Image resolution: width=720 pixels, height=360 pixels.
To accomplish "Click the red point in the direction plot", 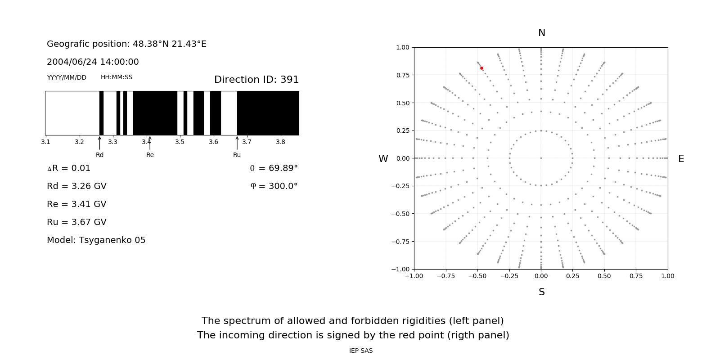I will click(481, 68).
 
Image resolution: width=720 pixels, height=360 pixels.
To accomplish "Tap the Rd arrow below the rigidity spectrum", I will click(99, 143).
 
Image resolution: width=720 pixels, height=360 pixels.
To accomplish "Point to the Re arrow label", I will click(150, 155).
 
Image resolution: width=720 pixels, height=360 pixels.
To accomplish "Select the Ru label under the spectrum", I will click(237, 155).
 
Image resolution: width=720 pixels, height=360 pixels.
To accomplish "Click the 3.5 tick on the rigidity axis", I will click(180, 142).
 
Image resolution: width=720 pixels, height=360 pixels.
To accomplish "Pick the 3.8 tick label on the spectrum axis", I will click(280, 142).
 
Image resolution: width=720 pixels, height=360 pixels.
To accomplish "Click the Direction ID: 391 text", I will click(256, 80).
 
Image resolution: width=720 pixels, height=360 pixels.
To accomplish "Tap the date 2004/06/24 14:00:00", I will click(93, 62).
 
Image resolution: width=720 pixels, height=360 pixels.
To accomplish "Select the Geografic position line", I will click(126, 44).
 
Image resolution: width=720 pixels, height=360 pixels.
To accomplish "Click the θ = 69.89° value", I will click(274, 168).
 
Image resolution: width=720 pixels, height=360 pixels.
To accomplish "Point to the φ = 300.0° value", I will click(274, 186).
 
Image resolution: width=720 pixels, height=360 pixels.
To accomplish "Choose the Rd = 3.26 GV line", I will click(76, 186).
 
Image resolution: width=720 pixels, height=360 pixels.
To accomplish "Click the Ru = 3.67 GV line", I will click(76, 222).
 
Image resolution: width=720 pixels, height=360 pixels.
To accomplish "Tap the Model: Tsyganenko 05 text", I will click(96, 240).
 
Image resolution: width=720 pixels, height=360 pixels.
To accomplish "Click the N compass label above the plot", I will click(541, 33).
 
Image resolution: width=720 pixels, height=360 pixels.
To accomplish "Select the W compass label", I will click(383, 159).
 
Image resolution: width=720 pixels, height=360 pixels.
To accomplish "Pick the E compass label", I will click(681, 159).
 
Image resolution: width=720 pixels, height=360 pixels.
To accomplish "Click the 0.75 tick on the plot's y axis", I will click(403, 75).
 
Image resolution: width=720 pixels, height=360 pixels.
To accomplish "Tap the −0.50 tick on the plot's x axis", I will click(477, 276).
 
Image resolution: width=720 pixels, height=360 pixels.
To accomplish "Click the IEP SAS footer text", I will click(360, 351).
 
